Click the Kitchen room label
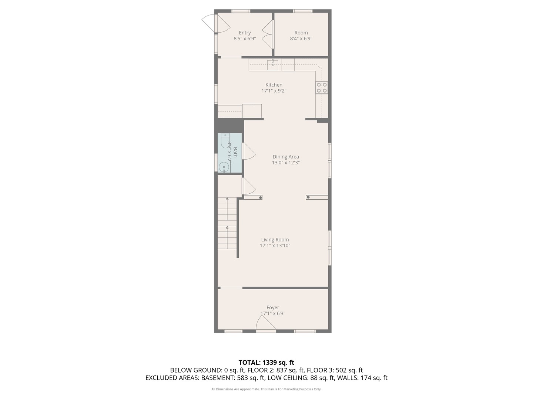click(274, 85)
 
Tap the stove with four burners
click(322, 87)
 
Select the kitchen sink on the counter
click(273, 65)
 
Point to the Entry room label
click(245, 33)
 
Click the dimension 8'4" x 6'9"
click(301, 39)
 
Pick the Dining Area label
click(286, 157)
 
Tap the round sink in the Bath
click(224, 167)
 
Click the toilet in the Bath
click(225, 140)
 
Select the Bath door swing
click(248, 151)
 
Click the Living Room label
click(275, 240)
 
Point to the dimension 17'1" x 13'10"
click(275, 246)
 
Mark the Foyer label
click(273, 307)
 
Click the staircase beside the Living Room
click(227, 223)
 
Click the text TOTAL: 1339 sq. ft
click(266, 363)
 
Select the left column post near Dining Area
click(261, 197)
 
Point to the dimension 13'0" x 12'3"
click(286, 163)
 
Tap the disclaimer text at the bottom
click(266, 389)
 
